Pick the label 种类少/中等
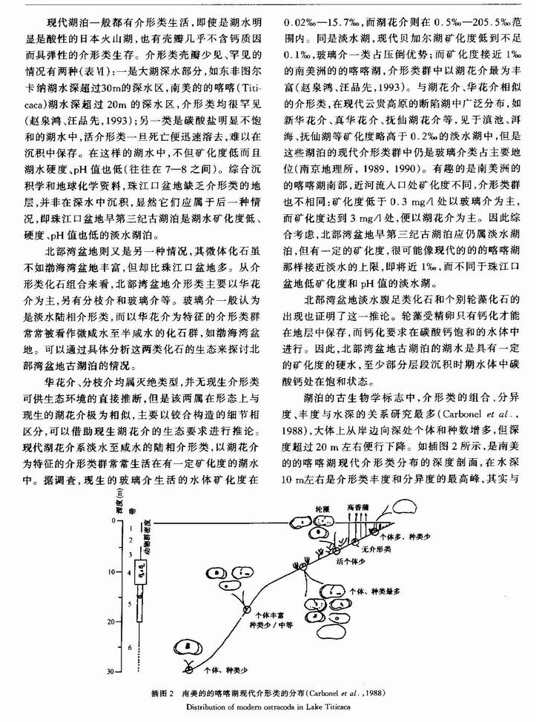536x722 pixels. [x=266, y=625]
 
